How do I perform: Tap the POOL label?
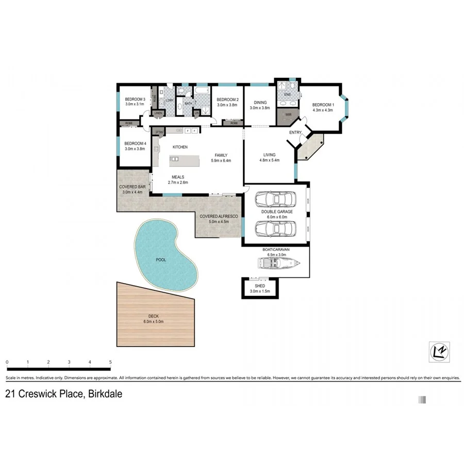[161, 260]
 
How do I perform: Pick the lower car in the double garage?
[276, 227]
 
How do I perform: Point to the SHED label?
[260, 286]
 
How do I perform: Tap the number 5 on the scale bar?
[110, 362]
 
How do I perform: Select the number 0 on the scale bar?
[7, 362]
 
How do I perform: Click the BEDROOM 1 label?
[323, 105]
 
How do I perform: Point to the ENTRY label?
[295, 132]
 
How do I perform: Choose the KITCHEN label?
[180, 147]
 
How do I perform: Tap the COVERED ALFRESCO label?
[219, 217]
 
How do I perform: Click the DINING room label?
[260, 103]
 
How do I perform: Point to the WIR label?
[281, 114]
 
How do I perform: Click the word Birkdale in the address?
[105, 394]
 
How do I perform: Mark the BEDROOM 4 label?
[135, 143]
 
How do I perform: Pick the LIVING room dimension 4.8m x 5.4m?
[269, 160]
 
